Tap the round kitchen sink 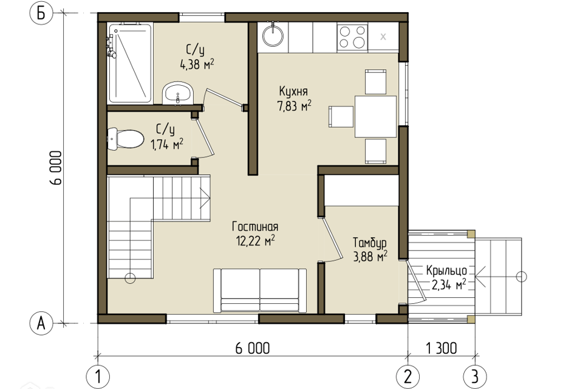coord(273,35)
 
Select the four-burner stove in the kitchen coord(352,37)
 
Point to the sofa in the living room coord(260,291)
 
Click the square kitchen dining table coord(375,117)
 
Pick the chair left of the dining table coord(341,117)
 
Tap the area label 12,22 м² coord(256,241)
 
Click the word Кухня coord(293,91)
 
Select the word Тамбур coord(370,243)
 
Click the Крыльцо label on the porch coord(446,270)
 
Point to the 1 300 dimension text coord(442,348)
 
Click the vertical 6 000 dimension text coord(55,168)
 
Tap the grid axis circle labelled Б coord(41,14)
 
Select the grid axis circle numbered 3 coord(475,376)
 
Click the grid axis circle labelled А coord(41,323)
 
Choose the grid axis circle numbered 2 coord(408,376)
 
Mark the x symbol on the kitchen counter coord(383,37)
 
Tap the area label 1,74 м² coord(167,144)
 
